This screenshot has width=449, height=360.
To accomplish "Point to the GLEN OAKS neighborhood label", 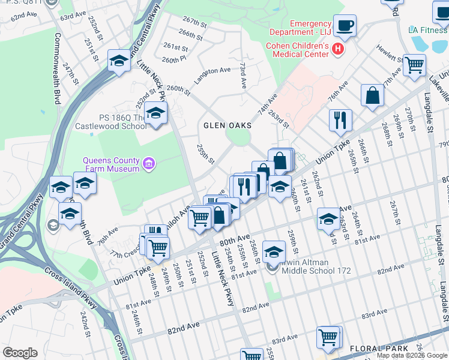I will [x=226, y=126].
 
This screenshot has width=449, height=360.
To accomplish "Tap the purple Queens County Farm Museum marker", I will [x=149, y=163].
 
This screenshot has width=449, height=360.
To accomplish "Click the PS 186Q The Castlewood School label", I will [x=110, y=122].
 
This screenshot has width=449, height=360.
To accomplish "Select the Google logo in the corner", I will [x=20, y=353].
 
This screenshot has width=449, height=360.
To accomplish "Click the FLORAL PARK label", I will [x=371, y=348].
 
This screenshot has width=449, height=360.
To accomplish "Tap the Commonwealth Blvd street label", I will [x=58, y=69].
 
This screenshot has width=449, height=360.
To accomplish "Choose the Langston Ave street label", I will [x=211, y=74].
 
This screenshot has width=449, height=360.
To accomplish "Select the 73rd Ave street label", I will [x=243, y=75].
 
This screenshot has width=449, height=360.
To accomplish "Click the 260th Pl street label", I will [x=175, y=60].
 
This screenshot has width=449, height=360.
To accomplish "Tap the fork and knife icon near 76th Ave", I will [x=340, y=119].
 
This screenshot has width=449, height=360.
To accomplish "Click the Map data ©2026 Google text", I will [x=411, y=355].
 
